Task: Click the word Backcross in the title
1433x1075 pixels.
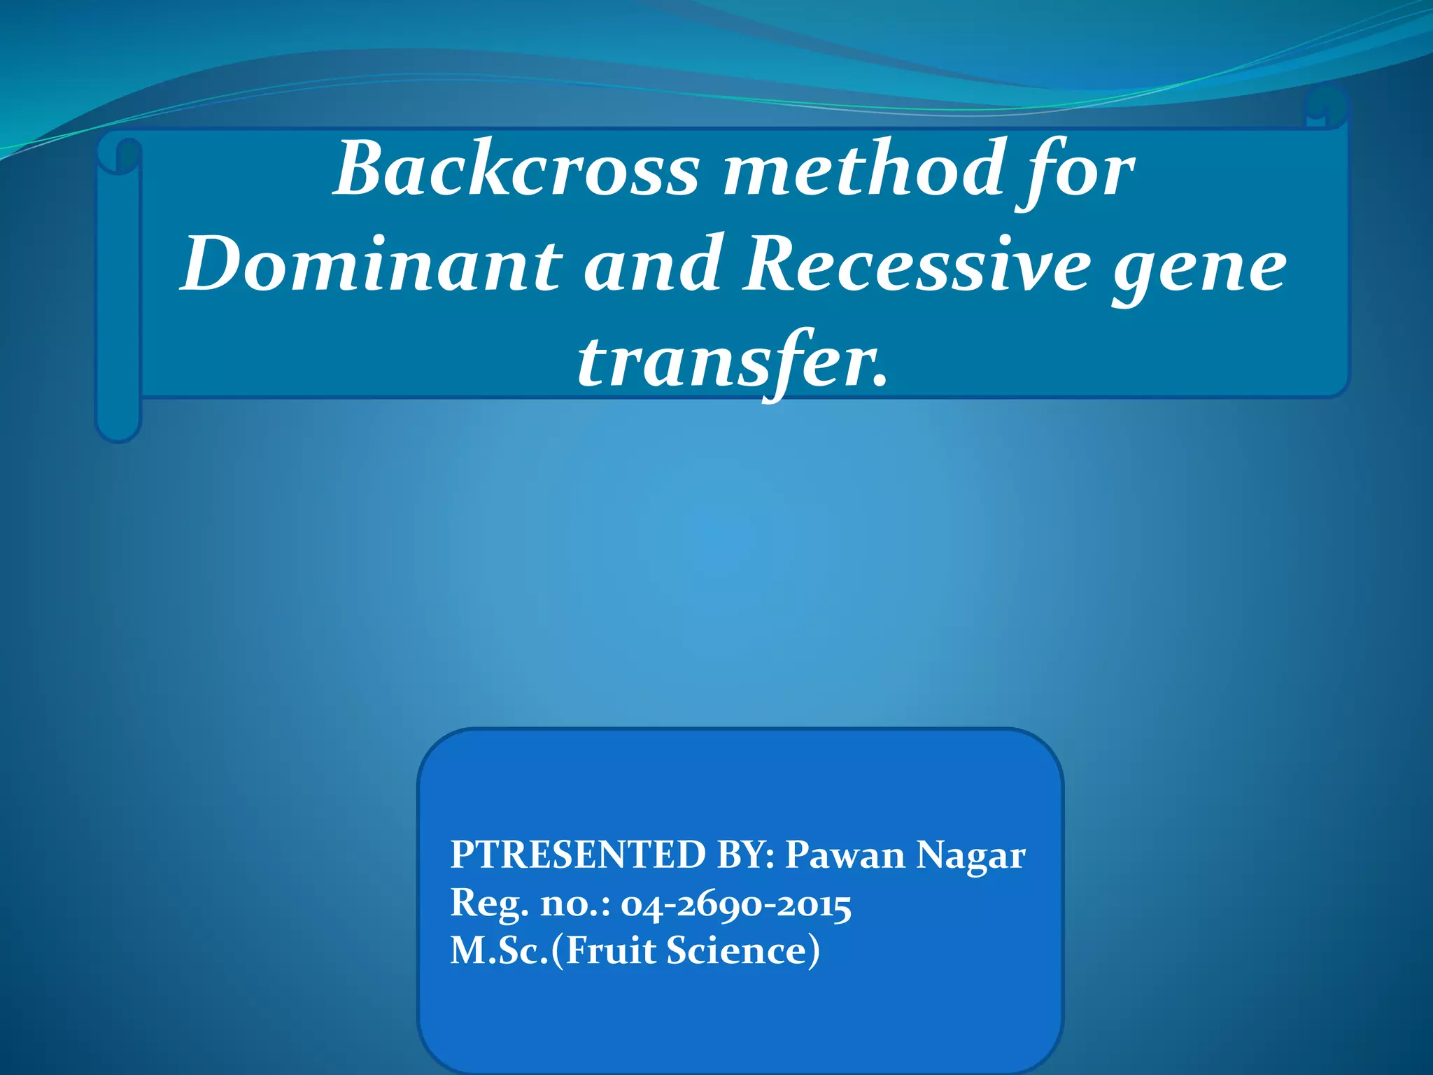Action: coord(516,170)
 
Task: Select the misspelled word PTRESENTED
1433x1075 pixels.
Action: coord(578,855)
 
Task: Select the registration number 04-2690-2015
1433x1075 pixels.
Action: coord(735,905)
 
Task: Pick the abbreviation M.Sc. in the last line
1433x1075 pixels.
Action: coord(499,951)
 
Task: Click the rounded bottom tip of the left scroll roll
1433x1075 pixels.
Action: coord(118,430)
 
